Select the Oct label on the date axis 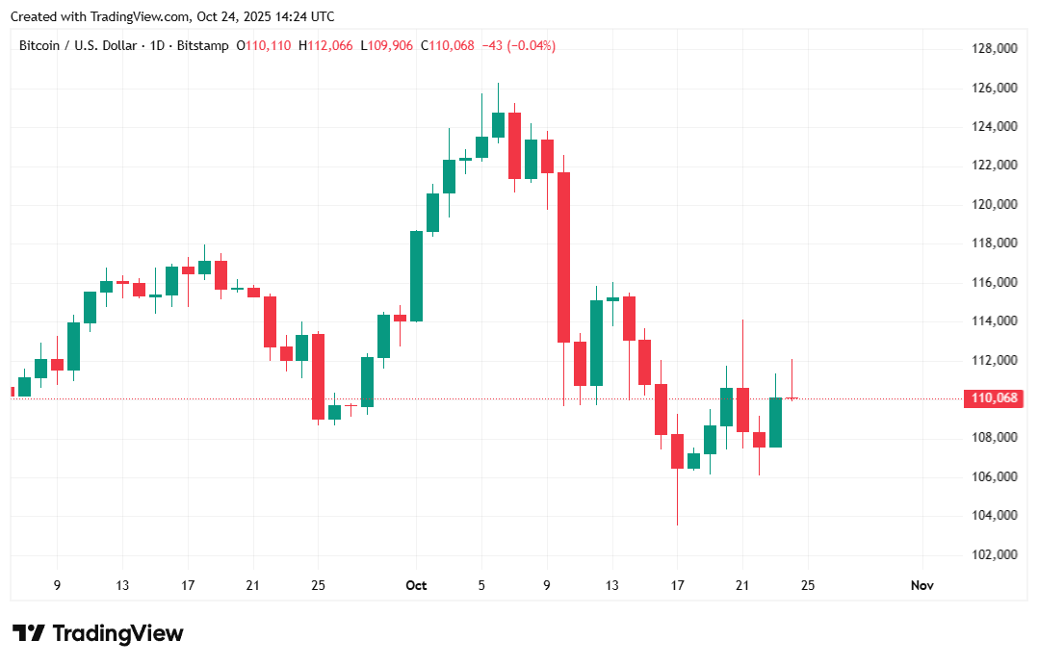tap(416, 585)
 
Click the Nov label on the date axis tap(922, 585)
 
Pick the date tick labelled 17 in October tap(677, 585)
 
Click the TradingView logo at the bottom tap(99, 633)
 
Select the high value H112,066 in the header tap(325, 46)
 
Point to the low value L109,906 tap(387, 46)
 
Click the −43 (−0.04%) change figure tap(518, 46)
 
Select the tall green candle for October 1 tap(416, 276)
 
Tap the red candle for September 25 tap(318, 376)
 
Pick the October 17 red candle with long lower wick tap(677, 451)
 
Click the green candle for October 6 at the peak tap(498, 125)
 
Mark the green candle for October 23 tap(775, 423)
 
